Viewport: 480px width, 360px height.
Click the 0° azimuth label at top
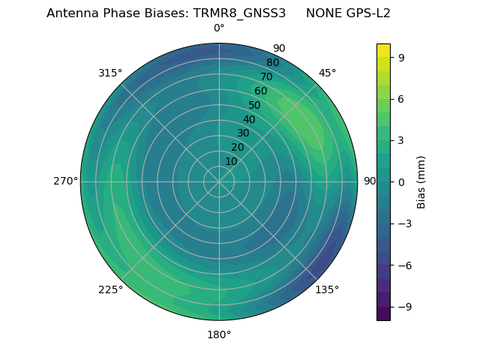click(x=219, y=28)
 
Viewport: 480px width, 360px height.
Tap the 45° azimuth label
click(x=328, y=73)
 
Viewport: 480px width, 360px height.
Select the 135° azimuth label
click(x=327, y=289)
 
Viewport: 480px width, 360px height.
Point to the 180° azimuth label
click(x=219, y=334)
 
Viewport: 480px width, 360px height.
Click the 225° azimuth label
click(x=110, y=289)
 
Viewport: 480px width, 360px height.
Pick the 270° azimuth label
click(x=65, y=181)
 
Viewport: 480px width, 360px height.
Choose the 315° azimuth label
click(x=110, y=73)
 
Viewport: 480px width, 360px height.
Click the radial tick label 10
click(x=231, y=161)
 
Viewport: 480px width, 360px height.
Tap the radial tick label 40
click(x=249, y=120)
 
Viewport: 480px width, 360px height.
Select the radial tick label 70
click(x=266, y=77)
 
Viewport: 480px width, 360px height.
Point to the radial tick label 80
click(x=272, y=63)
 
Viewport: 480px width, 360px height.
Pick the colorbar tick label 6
click(x=400, y=98)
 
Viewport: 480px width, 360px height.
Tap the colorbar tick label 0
click(x=400, y=181)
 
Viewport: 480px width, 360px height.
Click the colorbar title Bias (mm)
click(x=421, y=181)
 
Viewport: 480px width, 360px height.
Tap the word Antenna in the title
click(x=71, y=13)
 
